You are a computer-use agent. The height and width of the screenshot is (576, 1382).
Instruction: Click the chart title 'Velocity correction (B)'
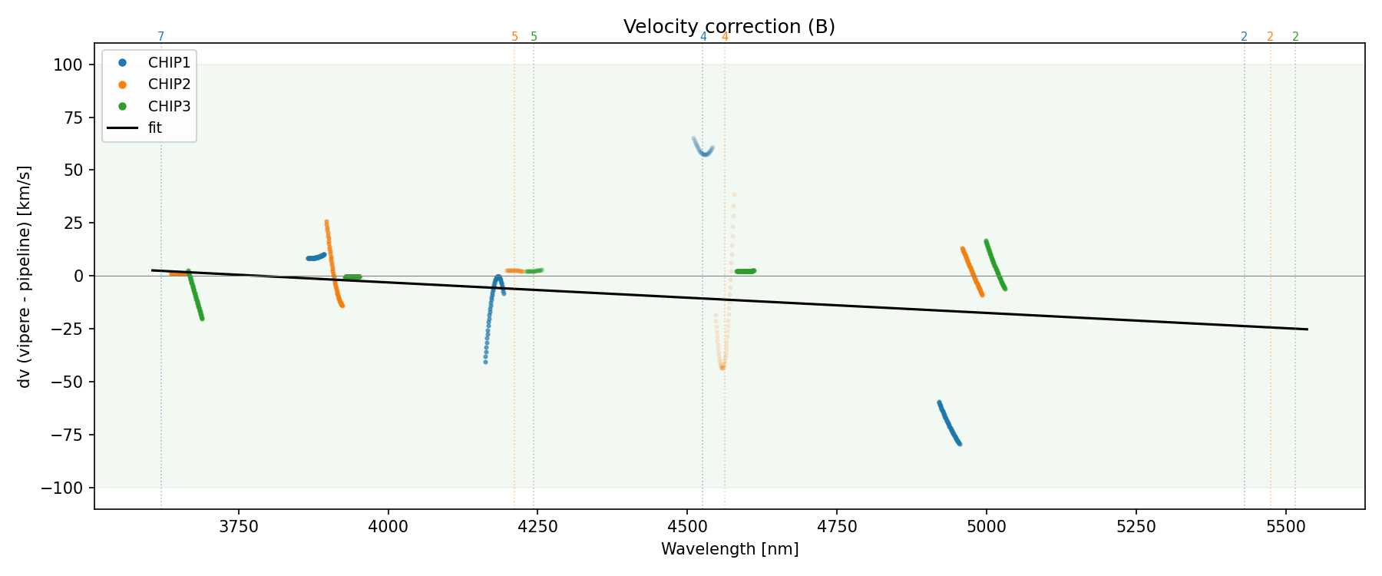coord(729,27)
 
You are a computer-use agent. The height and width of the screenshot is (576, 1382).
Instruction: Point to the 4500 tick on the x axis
coord(687,526)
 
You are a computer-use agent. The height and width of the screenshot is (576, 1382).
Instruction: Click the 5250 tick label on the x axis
coord(1136,526)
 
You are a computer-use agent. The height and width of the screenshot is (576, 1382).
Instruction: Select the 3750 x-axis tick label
coord(239,526)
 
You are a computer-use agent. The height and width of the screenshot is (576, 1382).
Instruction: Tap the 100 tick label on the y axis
coord(68,65)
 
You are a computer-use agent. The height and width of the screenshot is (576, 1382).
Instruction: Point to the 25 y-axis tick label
coord(72,223)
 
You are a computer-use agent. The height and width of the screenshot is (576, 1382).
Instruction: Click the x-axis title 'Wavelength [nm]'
coord(729,549)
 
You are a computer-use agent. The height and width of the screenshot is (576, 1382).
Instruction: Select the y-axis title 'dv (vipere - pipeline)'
coord(25,276)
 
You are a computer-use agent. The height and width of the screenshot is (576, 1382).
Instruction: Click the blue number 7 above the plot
coord(160,37)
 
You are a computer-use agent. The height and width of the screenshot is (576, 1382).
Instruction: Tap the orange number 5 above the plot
coord(514,37)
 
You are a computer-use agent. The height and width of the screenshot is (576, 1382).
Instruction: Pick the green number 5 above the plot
coord(534,37)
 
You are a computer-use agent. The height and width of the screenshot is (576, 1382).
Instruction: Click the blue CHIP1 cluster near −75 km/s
coord(949,423)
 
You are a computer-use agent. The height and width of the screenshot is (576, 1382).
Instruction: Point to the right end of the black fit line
coord(1307,329)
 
